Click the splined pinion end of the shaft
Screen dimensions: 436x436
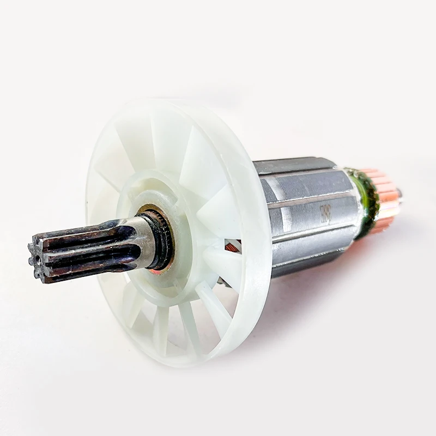[82, 248]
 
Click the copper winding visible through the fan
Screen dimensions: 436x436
[233, 248]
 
